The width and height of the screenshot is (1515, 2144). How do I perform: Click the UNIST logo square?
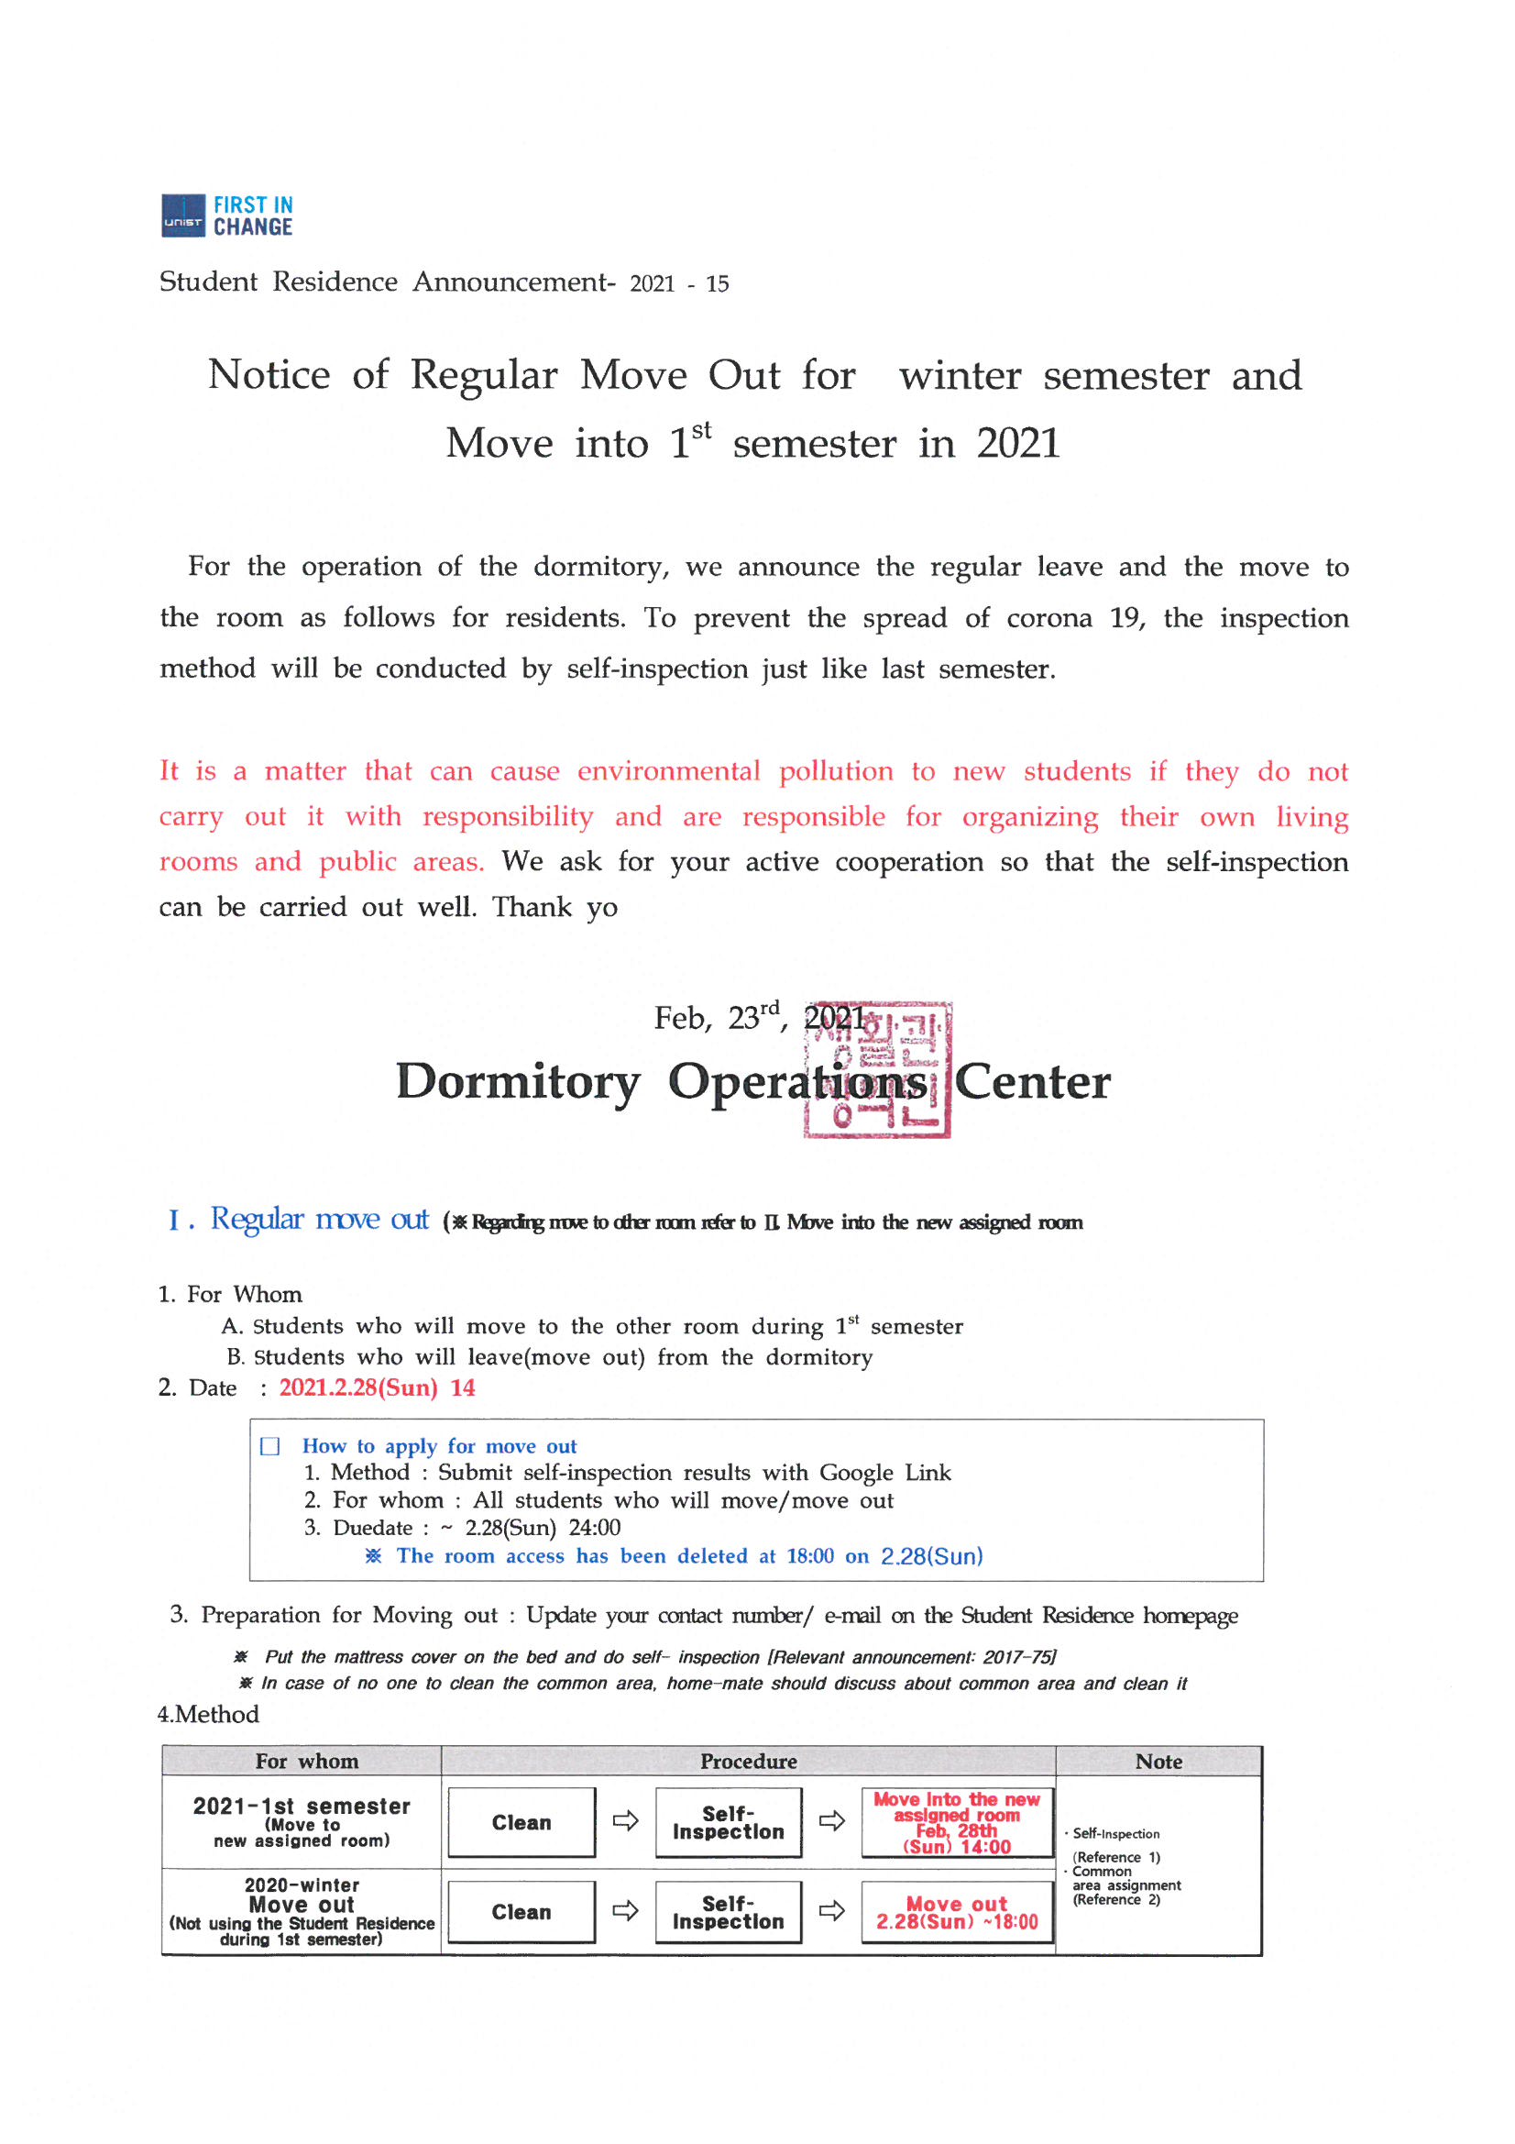[183, 216]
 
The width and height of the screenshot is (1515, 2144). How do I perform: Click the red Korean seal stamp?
[876, 1069]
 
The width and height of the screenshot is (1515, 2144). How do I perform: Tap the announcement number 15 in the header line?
[717, 284]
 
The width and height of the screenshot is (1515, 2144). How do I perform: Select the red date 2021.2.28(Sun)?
[358, 1387]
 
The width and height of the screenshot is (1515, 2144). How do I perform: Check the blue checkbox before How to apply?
[269, 1446]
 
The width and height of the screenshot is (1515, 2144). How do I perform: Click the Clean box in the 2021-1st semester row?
[521, 1822]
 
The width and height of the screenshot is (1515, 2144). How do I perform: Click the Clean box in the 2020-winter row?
[521, 1911]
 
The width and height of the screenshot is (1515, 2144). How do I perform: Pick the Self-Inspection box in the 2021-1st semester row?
[728, 1822]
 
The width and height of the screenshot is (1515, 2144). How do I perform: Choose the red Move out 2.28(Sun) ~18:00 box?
[957, 1912]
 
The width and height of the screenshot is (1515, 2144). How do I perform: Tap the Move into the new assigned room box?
[957, 1822]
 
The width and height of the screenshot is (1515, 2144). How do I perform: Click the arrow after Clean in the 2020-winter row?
[625, 1910]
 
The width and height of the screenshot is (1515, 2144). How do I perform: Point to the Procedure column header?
[749, 1761]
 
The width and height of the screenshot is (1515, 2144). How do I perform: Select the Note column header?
[1158, 1761]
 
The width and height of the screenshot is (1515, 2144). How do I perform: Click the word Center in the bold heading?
[1032, 1081]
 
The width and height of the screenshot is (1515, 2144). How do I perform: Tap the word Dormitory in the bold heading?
[518, 1081]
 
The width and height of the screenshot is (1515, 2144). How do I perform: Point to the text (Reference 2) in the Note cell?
[1116, 1899]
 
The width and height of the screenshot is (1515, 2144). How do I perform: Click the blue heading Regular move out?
[318, 1220]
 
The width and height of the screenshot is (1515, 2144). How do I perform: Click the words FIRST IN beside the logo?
[253, 204]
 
